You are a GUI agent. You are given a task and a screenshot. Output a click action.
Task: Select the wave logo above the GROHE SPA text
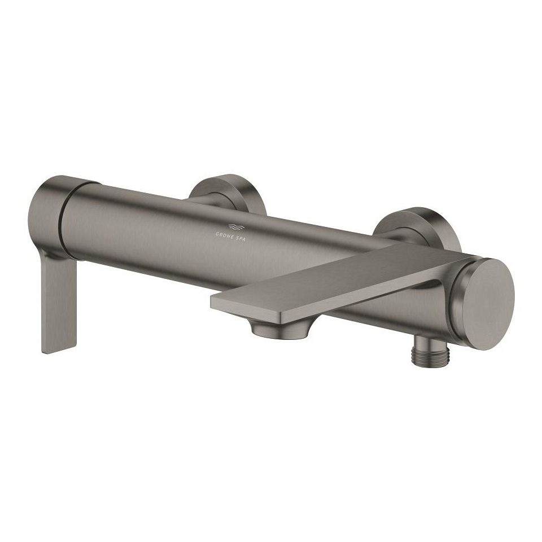[x=237, y=227]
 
